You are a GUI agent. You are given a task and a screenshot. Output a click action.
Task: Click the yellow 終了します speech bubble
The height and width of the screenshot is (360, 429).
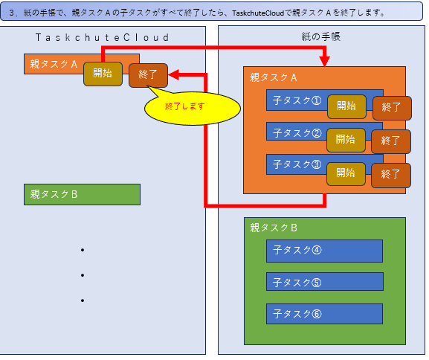193,107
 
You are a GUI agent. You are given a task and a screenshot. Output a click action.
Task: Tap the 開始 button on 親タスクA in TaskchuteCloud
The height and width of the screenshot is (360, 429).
103,74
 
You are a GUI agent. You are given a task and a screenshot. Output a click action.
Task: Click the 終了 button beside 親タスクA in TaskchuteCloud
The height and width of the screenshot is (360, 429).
148,75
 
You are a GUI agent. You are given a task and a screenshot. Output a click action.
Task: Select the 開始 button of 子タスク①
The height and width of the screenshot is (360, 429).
346,106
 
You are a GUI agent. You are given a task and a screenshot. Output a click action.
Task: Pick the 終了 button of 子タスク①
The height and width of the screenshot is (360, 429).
392,108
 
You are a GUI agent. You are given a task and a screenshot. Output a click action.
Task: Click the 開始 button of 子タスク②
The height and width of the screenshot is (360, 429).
346,140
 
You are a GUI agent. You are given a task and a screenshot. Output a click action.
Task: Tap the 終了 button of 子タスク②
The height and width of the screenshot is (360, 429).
391,141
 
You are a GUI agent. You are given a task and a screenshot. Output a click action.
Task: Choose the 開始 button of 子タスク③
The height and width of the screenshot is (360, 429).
346,174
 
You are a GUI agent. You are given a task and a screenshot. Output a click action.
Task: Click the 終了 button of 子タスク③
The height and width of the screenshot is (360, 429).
391,176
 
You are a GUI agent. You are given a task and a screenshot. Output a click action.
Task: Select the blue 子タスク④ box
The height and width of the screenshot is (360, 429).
324,251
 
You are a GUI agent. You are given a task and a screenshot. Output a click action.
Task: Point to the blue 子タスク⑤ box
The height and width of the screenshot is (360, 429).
325,281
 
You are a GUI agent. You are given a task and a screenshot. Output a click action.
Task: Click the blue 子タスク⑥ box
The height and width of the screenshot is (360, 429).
324,314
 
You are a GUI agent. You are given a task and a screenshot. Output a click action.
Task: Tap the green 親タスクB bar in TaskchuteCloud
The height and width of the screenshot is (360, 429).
82,194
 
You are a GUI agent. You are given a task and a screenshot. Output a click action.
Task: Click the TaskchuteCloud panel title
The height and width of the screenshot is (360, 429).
103,37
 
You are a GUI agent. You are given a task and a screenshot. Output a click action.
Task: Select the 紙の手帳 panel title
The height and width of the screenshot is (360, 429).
321,36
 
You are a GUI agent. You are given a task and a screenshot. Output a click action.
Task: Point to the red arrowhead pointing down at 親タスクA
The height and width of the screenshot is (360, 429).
324,61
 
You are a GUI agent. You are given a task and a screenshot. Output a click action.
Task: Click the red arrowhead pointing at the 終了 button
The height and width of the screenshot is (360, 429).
174,74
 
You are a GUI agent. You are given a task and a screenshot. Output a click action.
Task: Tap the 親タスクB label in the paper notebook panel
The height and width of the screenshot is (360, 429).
274,228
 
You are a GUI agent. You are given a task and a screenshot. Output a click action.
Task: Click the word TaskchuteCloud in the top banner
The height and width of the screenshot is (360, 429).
258,13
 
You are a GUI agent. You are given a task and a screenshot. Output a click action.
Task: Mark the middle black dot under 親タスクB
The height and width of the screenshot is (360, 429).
83,275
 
